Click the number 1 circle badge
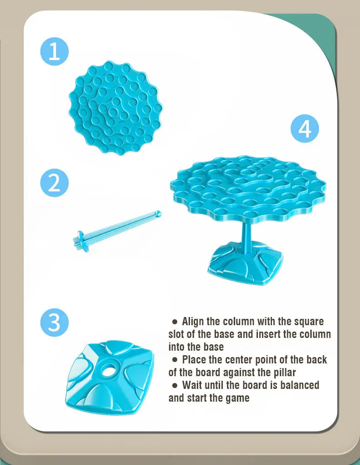click(x=54, y=51)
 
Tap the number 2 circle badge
click(x=54, y=183)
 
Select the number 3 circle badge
click(x=54, y=322)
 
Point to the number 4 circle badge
click(x=304, y=129)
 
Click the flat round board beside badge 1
click(x=116, y=108)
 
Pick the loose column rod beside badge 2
click(x=117, y=230)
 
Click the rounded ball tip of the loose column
click(x=159, y=214)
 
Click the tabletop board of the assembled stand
click(x=248, y=189)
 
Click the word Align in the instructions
click(x=192, y=322)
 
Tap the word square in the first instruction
click(x=309, y=322)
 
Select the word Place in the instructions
click(x=194, y=360)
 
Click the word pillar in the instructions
click(x=284, y=373)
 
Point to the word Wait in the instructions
click(x=192, y=385)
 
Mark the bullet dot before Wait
click(x=175, y=385)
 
